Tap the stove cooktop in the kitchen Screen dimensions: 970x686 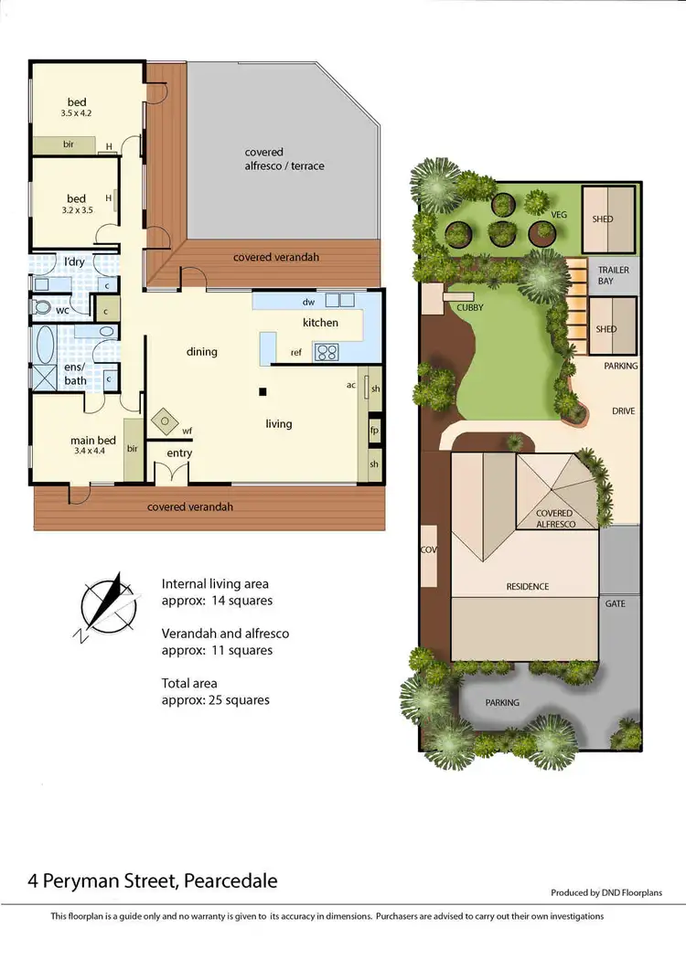[x=327, y=352]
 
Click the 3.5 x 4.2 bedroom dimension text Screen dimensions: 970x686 [x=76, y=113]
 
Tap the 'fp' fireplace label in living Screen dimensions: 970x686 [x=374, y=430]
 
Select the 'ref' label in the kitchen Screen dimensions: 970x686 [x=295, y=352]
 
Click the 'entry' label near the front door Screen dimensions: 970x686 [x=179, y=453]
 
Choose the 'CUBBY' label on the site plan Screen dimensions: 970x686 [x=470, y=308]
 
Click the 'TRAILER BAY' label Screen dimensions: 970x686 [x=613, y=276]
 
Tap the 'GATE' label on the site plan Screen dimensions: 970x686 [x=615, y=603]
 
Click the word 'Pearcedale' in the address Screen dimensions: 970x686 [x=230, y=881]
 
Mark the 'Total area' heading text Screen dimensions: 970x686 [x=189, y=682]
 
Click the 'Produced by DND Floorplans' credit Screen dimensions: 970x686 [x=606, y=892]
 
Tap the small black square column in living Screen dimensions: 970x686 [x=263, y=392]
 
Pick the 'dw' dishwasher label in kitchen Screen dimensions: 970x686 [x=308, y=302]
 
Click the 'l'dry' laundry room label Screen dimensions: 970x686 [x=75, y=262]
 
